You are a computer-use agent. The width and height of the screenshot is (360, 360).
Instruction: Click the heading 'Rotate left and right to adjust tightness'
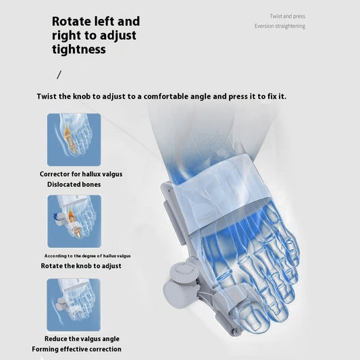(x=96, y=35)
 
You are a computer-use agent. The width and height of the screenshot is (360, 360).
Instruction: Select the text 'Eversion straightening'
(x=280, y=26)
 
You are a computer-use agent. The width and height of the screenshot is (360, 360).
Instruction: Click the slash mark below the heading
(x=59, y=74)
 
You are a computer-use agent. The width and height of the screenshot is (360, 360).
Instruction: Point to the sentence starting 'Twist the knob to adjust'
(x=161, y=97)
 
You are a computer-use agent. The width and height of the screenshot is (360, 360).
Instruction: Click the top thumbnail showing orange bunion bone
(x=74, y=139)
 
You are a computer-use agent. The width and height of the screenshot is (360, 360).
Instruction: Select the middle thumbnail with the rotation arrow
(x=74, y=221)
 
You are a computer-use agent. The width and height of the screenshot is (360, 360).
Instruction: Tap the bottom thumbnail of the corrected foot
(x=74, y=304)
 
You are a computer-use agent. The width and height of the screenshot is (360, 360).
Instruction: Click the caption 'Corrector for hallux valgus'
(x=81, y=174)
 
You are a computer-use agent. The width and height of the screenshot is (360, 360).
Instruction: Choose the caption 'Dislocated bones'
(x=74, y=184)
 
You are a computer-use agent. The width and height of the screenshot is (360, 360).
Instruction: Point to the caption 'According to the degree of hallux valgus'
(x=87, y=256)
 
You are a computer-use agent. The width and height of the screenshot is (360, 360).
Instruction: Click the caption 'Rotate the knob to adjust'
(x=80, y=266)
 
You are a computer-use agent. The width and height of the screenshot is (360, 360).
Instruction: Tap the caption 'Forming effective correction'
(x=76, y=349)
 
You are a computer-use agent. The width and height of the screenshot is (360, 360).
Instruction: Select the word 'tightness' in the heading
(x=79, y=49)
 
